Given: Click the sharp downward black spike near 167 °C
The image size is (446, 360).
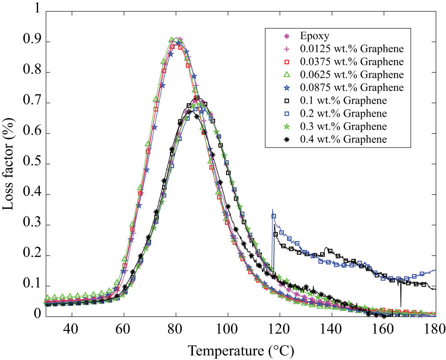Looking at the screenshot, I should click(x=401, y=301).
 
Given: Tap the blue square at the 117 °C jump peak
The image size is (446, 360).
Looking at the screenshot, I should click(x=274, y=216).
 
